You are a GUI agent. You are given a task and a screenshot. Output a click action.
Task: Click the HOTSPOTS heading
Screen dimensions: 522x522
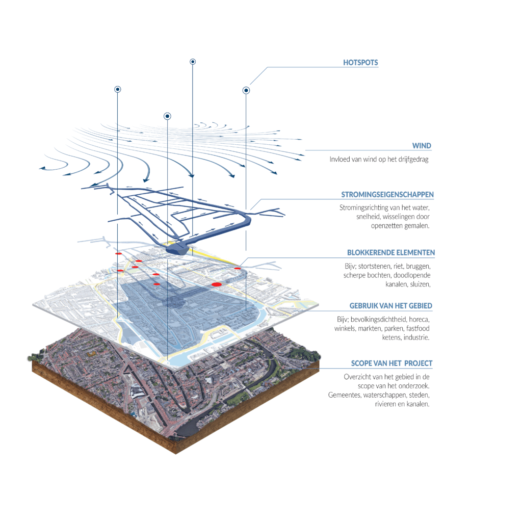point(360,63)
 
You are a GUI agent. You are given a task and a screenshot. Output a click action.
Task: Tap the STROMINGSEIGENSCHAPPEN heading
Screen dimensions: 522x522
point(387,195)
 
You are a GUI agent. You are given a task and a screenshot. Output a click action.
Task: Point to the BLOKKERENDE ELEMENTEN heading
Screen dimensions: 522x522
point(391,253)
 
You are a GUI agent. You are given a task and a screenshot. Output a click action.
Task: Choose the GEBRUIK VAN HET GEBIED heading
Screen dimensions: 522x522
point(390,306)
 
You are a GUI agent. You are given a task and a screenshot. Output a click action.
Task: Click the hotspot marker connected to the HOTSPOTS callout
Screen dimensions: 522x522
point(246,91)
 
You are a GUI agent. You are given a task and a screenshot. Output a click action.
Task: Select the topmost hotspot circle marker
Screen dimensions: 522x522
point(193,62)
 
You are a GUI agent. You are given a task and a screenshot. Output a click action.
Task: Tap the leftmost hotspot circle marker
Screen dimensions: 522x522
point(117,89)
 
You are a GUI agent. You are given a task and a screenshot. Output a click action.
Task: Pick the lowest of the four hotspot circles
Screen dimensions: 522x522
point(167,116)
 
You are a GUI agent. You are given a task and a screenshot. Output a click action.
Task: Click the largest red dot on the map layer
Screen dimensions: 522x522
point(216,284)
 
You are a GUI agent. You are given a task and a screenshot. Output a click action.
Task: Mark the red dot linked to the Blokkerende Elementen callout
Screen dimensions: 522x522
point(237,268)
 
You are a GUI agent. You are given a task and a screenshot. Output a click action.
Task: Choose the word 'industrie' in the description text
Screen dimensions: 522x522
point(416,337)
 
